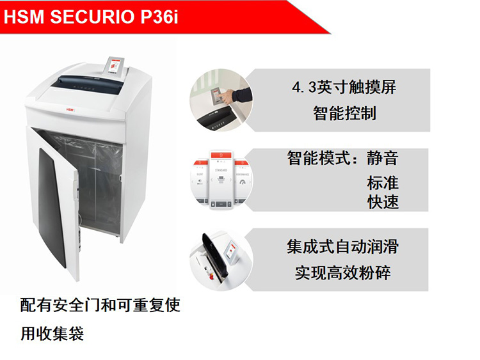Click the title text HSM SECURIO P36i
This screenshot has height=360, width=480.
(x=91, y=17)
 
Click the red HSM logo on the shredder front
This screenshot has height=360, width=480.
(x=70, y=109)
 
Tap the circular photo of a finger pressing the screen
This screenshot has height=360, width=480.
(x=221, y=100)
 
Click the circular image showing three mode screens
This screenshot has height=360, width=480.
(x=221, y=180)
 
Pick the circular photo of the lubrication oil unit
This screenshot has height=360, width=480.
(x=221, y=260)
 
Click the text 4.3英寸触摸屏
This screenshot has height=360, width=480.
(x=344, y=88)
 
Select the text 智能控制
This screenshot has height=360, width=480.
(x=344, y=113)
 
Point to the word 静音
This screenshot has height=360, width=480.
(x=383, y=158)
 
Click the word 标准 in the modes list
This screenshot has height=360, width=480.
(x=383, y=183)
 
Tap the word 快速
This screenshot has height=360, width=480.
(x=383, y=202)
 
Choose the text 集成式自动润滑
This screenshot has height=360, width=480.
(x=342, y=247)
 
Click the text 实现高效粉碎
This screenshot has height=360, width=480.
(x=343, y=273)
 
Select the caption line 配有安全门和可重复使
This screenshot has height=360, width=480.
(x=100, y=305)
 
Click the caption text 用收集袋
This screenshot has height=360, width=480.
(x=52, y=333)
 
